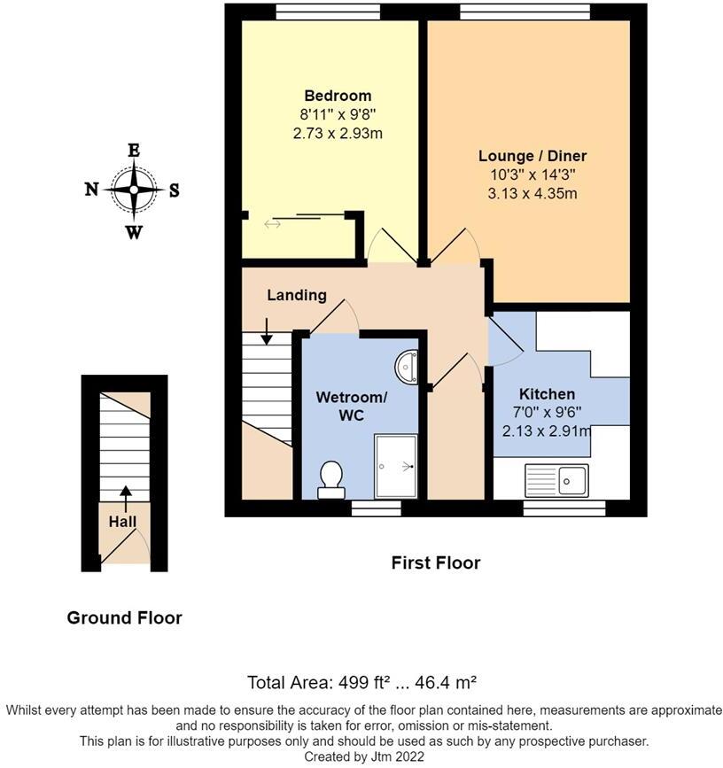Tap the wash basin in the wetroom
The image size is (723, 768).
coord(408,367)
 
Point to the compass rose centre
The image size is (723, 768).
coord(134,189)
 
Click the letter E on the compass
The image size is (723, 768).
coord(134,151)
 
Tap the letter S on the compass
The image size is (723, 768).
coord(174,189)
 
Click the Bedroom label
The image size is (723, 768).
coord(338,96)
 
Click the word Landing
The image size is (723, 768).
coord(297,295)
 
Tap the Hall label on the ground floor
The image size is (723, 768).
coord(122,522)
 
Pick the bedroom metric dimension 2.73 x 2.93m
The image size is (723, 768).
coord(338,133)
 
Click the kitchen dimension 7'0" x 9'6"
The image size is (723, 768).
coord(547,413)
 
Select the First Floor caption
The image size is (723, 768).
coord(436,562)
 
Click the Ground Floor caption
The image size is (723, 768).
coord(124,618)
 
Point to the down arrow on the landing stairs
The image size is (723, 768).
coord(268,331)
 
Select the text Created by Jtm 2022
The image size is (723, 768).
coord(363,756)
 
